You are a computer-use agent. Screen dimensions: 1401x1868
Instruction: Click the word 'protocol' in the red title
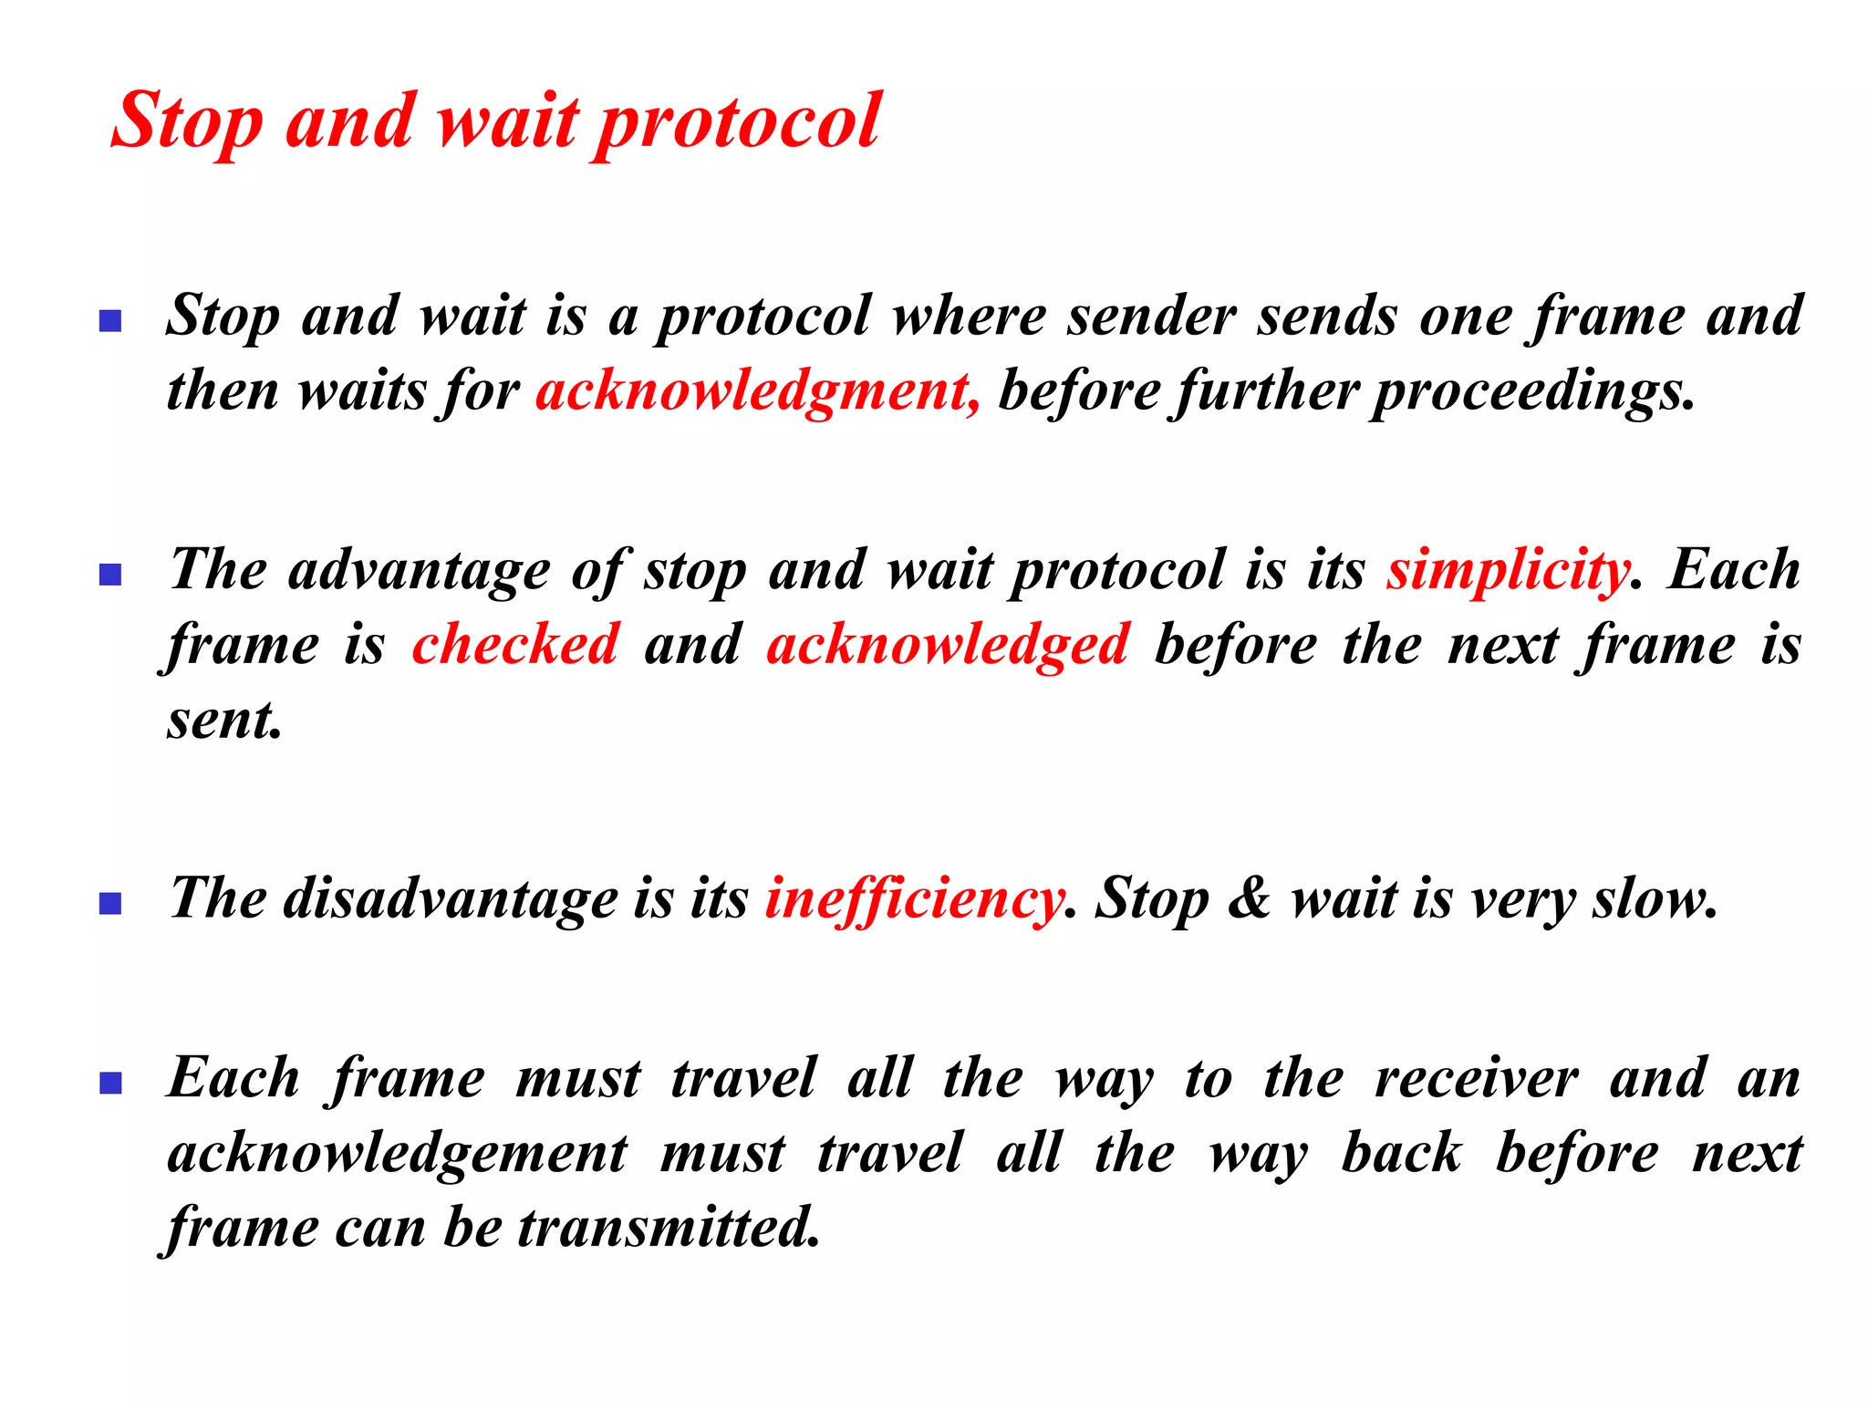pyautogui.click(x=737, y=123)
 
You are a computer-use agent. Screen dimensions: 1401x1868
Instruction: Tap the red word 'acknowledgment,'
pyautogui.click(x=757, y=391)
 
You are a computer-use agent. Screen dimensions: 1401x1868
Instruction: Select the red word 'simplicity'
pyautogui.click(x=1508, y=571)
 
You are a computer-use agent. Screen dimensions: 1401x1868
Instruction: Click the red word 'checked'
pyautogui.click(x=515, y=644)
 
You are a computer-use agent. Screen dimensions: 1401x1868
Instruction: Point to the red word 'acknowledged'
pyautogui.click(x=948, y=644)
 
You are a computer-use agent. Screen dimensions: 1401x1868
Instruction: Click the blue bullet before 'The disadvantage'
pyautogui.click(x=110, y=903)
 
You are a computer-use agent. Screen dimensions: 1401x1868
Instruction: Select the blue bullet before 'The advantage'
pyautogui.click(x=110, y=575)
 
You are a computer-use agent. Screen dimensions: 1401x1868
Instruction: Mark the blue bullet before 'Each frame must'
pyautogui.click(x=110, y=1083)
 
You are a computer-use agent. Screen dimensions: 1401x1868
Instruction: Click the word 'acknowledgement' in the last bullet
pyautogui.click(x=398, y=1154)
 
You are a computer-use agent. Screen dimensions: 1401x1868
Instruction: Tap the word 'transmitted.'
pyautogui.click(x=669, y=1227)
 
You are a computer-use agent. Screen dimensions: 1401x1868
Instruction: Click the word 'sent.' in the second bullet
pyautogui.click(x=224, y=721)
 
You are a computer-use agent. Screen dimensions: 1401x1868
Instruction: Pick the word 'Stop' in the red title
pyautogui.click(x=188, y=123)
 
